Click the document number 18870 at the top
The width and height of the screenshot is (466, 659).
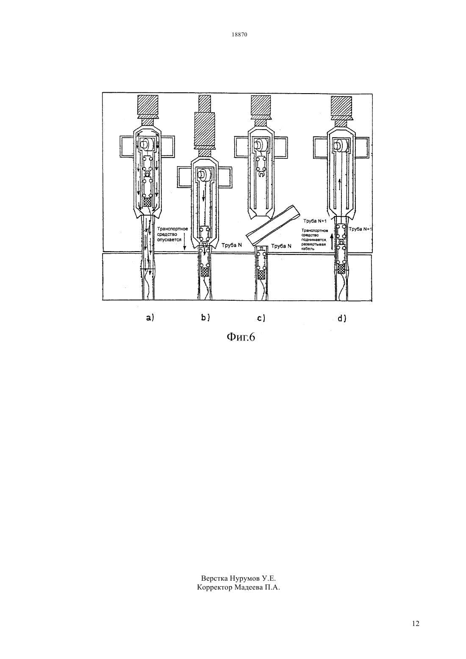point(239,35)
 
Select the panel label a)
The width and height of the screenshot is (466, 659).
point(150,318)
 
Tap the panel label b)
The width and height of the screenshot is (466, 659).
point(205,318)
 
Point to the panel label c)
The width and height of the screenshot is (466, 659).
point(261,318)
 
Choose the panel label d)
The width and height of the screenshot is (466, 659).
point(342,318)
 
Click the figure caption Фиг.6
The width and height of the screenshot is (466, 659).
point(241,337)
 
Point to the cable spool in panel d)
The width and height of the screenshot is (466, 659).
point(340,145)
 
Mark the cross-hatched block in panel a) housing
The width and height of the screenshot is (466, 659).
point(147,202)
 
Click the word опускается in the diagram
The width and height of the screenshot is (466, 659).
point(169,240)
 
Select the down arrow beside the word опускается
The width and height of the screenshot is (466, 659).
point(184,242)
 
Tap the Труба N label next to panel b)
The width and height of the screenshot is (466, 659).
point(232,245)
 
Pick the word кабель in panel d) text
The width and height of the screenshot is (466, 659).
point(308,249)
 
